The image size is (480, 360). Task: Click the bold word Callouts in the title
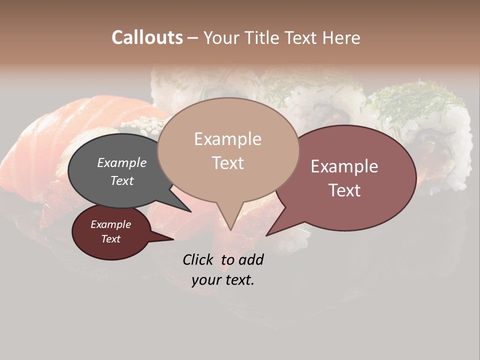click(147, 37)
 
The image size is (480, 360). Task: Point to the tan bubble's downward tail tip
click(230, 229)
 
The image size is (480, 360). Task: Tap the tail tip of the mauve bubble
click(267, 235)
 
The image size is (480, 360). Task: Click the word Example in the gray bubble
click(122, 163)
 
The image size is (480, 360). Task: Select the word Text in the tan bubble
click(228, 163)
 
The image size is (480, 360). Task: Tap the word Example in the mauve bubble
click(344, 166)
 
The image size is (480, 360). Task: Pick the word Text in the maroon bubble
click(110, 239)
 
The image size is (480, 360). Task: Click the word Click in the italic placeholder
click(199, 259)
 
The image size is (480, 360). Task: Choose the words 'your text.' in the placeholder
click(223, 280)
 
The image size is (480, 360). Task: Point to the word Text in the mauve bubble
click(344, 190)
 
